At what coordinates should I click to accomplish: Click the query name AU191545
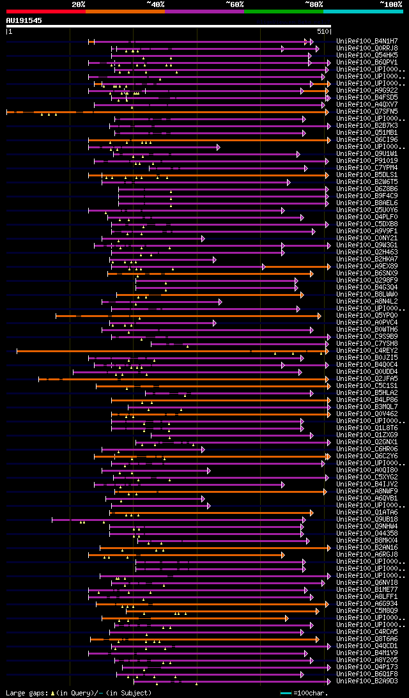[24, 20]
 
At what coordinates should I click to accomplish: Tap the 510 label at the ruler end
[323, 31]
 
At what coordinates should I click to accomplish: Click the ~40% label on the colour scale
[155, 4]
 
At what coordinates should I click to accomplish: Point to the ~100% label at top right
[391, 4]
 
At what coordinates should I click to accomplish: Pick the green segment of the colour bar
[283, 12]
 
